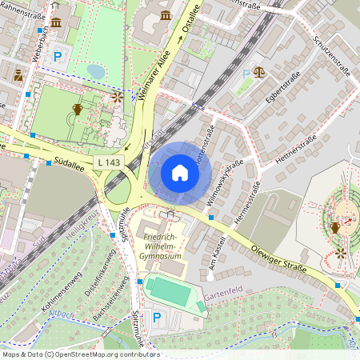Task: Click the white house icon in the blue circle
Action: [x=179, y=172]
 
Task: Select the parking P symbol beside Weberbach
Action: [x=58, y=57]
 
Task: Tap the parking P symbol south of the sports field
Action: [x=157, y=318]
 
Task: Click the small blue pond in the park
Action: [x=96, y=71]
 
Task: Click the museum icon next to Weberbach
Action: [x=56, y=21]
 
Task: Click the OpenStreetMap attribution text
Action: [x=81, y=354]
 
